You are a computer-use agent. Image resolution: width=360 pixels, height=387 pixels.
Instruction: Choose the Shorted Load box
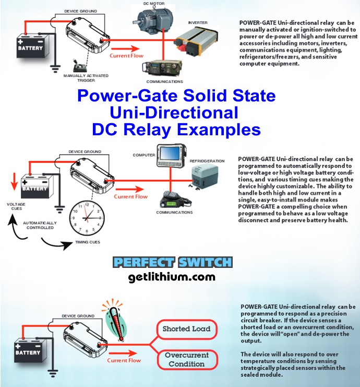coord(186,329)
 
